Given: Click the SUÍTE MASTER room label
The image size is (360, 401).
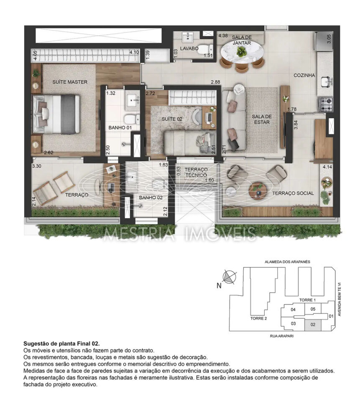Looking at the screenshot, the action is pos(70,82).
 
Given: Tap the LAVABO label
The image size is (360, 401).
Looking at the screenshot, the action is pos(189,48).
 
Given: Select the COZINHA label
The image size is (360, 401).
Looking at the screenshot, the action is pos(304,75).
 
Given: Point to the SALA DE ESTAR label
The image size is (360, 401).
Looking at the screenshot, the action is pos(262,119).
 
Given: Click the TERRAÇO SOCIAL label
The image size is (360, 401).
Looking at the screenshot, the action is pos(293,193).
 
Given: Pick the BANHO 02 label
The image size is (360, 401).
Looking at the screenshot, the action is pos(151,198).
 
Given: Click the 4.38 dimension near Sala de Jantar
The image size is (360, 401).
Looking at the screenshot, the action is pos(223,36).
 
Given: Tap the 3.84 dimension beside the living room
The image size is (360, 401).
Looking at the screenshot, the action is pos(296,124).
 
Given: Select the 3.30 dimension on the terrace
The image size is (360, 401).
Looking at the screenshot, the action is pos(37,166).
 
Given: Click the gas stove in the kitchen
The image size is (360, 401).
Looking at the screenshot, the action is pos(325,104).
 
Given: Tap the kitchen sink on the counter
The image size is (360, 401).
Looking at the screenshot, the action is pos(326,82).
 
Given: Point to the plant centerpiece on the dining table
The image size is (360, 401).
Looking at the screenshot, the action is pos(241,52).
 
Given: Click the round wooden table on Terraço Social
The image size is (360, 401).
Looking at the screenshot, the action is pos(258,191).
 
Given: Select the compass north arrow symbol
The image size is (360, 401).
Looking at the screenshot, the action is pos(230,277).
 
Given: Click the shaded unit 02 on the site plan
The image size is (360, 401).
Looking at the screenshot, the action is pos(313,325).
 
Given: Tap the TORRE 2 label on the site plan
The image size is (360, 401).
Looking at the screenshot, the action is pos(258,318).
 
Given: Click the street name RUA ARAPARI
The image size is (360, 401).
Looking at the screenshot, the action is pos(282,336).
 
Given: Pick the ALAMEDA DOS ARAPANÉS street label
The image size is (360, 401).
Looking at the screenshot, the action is pos(287,261).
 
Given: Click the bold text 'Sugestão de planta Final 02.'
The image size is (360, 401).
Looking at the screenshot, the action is pos(61,343).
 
